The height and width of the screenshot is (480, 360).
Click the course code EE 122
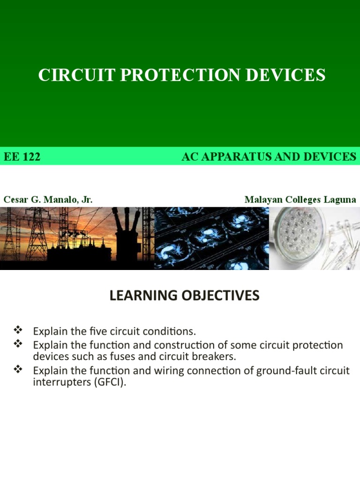coord(22,157)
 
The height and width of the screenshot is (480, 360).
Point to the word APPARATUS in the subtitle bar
coord(246,157)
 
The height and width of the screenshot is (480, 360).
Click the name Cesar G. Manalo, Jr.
coord(48,200)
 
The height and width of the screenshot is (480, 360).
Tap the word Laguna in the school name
coord(338,200)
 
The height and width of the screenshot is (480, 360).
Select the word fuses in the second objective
coord(118,357)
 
